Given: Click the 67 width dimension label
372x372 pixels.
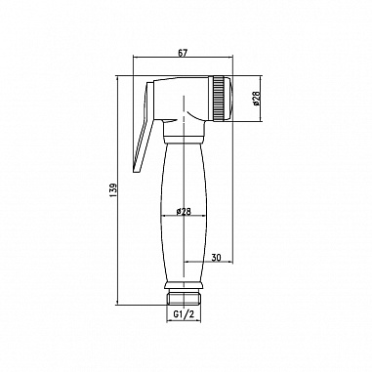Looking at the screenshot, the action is coord(184,54).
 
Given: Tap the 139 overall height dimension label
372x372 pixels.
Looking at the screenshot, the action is coord(113,190).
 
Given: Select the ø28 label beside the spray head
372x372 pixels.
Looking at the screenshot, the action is coord(256,99).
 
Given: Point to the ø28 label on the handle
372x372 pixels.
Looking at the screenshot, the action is coord(184,212).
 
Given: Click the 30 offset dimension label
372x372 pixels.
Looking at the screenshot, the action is coord(216,258).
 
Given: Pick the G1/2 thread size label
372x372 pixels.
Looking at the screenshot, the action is coord(184,314).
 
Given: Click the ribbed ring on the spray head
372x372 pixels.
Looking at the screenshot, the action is coord(218,99).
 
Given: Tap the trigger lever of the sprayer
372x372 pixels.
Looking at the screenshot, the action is coord(144,127).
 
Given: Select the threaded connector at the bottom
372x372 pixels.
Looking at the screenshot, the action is coord(184,299).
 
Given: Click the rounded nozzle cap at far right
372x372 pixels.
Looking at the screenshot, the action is coord(227,99).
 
